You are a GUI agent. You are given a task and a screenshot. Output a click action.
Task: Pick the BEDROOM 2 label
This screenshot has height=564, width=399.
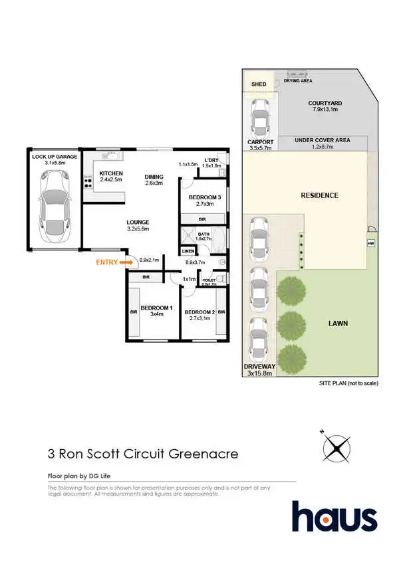[199, 312]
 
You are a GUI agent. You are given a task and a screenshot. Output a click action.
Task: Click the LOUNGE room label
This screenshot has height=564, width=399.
[138, 222]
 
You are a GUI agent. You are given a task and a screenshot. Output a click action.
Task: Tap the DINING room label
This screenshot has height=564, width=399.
[154, 177]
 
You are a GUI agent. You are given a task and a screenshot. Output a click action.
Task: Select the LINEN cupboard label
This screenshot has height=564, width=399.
[188, 250]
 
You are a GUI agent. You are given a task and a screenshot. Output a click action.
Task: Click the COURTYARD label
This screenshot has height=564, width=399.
[325, 103]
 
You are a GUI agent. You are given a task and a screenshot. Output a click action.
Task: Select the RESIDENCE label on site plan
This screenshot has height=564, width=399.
[320, 195]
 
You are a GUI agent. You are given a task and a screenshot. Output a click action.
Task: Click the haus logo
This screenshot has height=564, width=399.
[334, 517]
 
